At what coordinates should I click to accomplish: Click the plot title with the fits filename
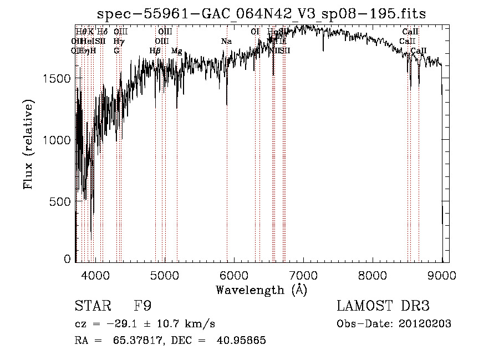[x=261, y=14]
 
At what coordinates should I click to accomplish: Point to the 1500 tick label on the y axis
[x=57, y=79]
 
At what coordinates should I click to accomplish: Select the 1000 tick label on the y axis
[x=57, y=140]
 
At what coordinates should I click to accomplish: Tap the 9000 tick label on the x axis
[x=441, y=275]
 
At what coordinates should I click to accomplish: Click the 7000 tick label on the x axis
[x=303, y=275]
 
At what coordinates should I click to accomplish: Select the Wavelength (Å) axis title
[x=261, y=290]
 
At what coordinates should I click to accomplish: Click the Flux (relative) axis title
[x=28, y=144]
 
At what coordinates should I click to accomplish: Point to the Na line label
[x=226, y=42]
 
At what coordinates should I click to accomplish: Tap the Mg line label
[x=176, y=51]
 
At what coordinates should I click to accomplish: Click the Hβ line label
[x=155, y=51]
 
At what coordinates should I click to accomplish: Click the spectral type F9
[x=143, y=306]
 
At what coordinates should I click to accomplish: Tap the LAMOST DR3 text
[x=383, y=306]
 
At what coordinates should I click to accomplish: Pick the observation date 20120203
[x=425, y=324]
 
